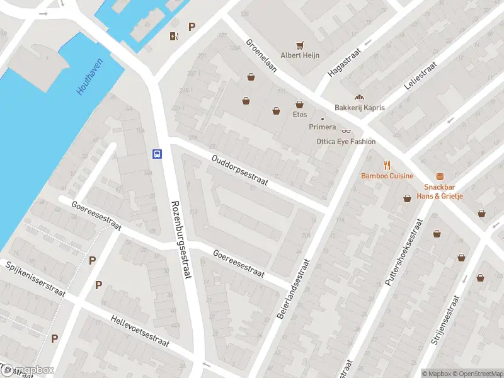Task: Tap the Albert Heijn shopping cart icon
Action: click(x=300, y=45)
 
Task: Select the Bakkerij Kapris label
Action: click(x=359, y=108)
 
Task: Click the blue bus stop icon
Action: click(x=157, y=153)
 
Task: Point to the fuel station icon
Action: click(x=174, y=36)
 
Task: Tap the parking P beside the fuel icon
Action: click(x=192, y=27)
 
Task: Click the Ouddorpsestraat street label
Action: click(x=240, y=171)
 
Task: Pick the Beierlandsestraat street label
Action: click(x=294, y=287)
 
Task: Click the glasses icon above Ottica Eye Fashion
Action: click(x=345, y=131)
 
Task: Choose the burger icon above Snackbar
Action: click(x=440, y=177)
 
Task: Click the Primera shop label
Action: click(x=322, y=127)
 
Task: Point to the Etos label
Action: click(x=299, y=115)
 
